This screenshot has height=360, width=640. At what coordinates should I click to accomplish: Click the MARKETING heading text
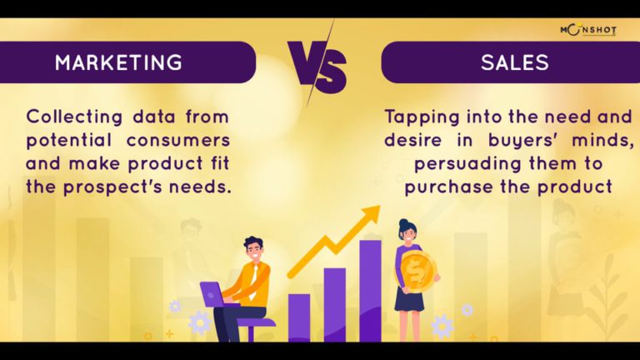pyautogui.click(x=118, y=62)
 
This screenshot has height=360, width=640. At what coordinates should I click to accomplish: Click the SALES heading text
pyautogui.click(x=515, y=62)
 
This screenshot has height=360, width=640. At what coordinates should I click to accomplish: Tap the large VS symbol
pyautogui.click(x=317, y=64)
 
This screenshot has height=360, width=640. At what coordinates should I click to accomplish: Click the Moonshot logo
pyautogui.click(x=588, y=30)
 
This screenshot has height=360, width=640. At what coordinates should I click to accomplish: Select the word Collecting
pyautogui.click(x=74, y=117)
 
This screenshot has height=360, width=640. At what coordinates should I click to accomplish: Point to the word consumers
pyautogui.click(x=178, y=140)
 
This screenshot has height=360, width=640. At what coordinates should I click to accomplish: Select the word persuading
pyautogui.click(x=468, y=164)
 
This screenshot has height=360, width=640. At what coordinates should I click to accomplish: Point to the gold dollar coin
pyautogui.click(x=417, y=271)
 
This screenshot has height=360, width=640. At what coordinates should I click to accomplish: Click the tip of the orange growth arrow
pyautogui.click(x=380, y=206)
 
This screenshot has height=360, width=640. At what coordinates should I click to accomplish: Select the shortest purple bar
pyautogui.click(x=299, y=317)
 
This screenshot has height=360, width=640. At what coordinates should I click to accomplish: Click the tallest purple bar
pyautogui.click(x=370, y=291)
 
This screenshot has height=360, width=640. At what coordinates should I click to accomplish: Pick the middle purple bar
pyautogui.click(x=335, y=304)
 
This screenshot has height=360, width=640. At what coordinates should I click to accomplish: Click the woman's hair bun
pyautogui.click(x=403, y=223)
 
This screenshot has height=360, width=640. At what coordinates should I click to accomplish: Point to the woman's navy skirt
pyautogui.click(x=409, y=301)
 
